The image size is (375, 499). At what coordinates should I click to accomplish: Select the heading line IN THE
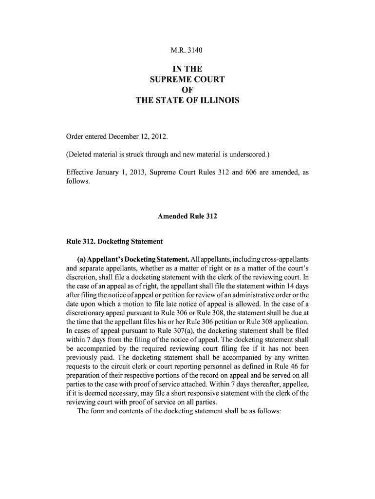tap(187, 69)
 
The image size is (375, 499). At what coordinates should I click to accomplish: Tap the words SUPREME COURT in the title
tap(187, 79)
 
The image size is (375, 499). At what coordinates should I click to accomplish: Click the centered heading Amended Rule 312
tap(187, 216)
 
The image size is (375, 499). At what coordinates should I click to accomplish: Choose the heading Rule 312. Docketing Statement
tap(114, 242)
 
